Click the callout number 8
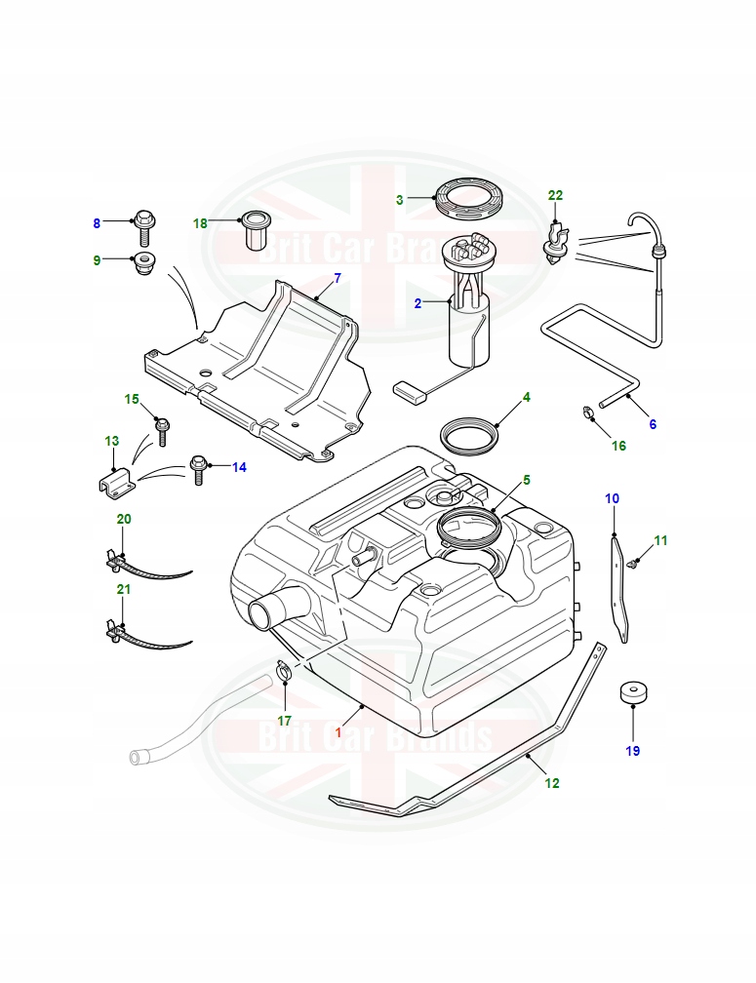pyautogui.click(x=97, y=223)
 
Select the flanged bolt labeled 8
pyautogui.click(x=144, y=225)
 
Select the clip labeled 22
pyautogui.click(x=557, y=245)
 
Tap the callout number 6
pyautogui.click(x=653, y=424)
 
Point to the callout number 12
pyautogui.click(x=552, y=783)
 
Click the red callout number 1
pyautogui.click(x=338, y=732)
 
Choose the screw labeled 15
pyautogui.click(x=162, y=426)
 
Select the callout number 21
pyautogui.click(x=123, y=589)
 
